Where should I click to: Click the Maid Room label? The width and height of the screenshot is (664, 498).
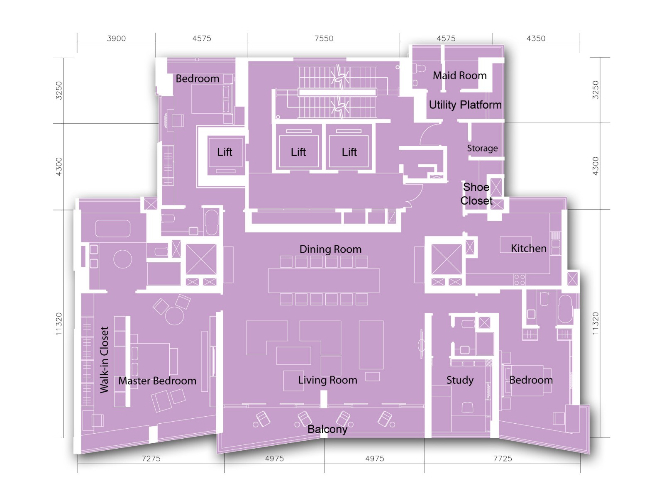click(459, 75)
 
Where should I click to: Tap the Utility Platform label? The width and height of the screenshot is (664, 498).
click(465, 105)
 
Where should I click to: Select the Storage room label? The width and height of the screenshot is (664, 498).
click(482, 148)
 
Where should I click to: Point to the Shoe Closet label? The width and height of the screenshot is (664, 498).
click(476, 194)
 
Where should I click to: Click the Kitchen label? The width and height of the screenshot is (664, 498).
click(528, 248)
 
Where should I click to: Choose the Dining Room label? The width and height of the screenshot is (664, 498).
click(330, 249)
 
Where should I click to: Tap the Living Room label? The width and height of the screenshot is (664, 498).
click(327, 380)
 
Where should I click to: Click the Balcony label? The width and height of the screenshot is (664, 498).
click(327, 430)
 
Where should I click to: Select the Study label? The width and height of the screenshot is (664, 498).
click(460, 380)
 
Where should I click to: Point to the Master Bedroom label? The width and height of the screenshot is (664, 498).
click(157, 381)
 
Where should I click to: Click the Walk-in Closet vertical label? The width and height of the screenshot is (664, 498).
click(104, 360)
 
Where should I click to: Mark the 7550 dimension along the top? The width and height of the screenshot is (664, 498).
click(324, 39)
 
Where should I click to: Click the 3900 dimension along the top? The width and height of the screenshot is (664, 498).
click(116, 39)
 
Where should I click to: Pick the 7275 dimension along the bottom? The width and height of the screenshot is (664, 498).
click(151, 459)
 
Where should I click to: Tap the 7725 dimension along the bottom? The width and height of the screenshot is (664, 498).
click(503, 459)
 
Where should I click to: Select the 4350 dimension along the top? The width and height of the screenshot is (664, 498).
click(536, 39)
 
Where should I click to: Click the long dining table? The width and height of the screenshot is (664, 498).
click(324, 280)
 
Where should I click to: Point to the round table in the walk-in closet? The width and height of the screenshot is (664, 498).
click(122, 259)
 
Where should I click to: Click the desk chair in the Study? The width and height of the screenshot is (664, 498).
click(467, 407)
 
